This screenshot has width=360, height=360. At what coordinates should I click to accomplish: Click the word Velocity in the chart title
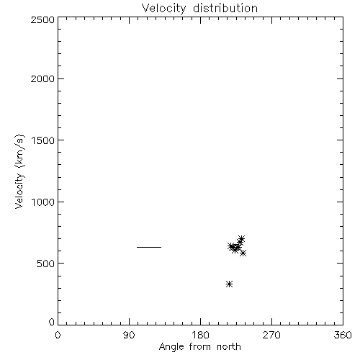tap(163, 9)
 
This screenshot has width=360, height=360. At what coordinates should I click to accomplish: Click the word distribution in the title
tap(225, 8)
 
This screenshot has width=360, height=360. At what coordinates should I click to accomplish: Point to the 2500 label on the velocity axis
tap(42, 19)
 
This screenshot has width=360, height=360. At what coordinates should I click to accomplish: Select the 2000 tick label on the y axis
tap(42, 78)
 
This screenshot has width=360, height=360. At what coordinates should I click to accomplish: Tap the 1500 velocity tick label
tap(43, 140)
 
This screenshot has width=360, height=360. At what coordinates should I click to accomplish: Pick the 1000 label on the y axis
tap(43, 202)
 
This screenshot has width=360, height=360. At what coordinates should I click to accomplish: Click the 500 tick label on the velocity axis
tap(46, 264)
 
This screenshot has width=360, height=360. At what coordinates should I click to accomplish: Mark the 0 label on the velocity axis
tap(52, 322)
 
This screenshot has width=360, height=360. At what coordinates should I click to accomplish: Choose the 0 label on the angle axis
tap(58, 335)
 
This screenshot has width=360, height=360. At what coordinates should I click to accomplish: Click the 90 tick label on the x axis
tap(129, 335)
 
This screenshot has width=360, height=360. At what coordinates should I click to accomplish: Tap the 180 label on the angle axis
tap(200, 335)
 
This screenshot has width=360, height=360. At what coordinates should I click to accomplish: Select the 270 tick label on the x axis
tap(271, 335)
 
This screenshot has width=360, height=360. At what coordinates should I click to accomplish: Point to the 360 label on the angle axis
tap(343, 335)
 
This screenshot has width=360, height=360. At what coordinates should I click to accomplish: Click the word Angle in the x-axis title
tap(171, 347)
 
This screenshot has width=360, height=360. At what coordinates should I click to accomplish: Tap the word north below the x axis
tap(229, 347)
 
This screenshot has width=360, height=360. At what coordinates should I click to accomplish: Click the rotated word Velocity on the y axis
tap(19, 191)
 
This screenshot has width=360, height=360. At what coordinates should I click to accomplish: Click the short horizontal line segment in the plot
tap(149, 247)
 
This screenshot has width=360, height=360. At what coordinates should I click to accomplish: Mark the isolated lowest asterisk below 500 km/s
tap(230, 284)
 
